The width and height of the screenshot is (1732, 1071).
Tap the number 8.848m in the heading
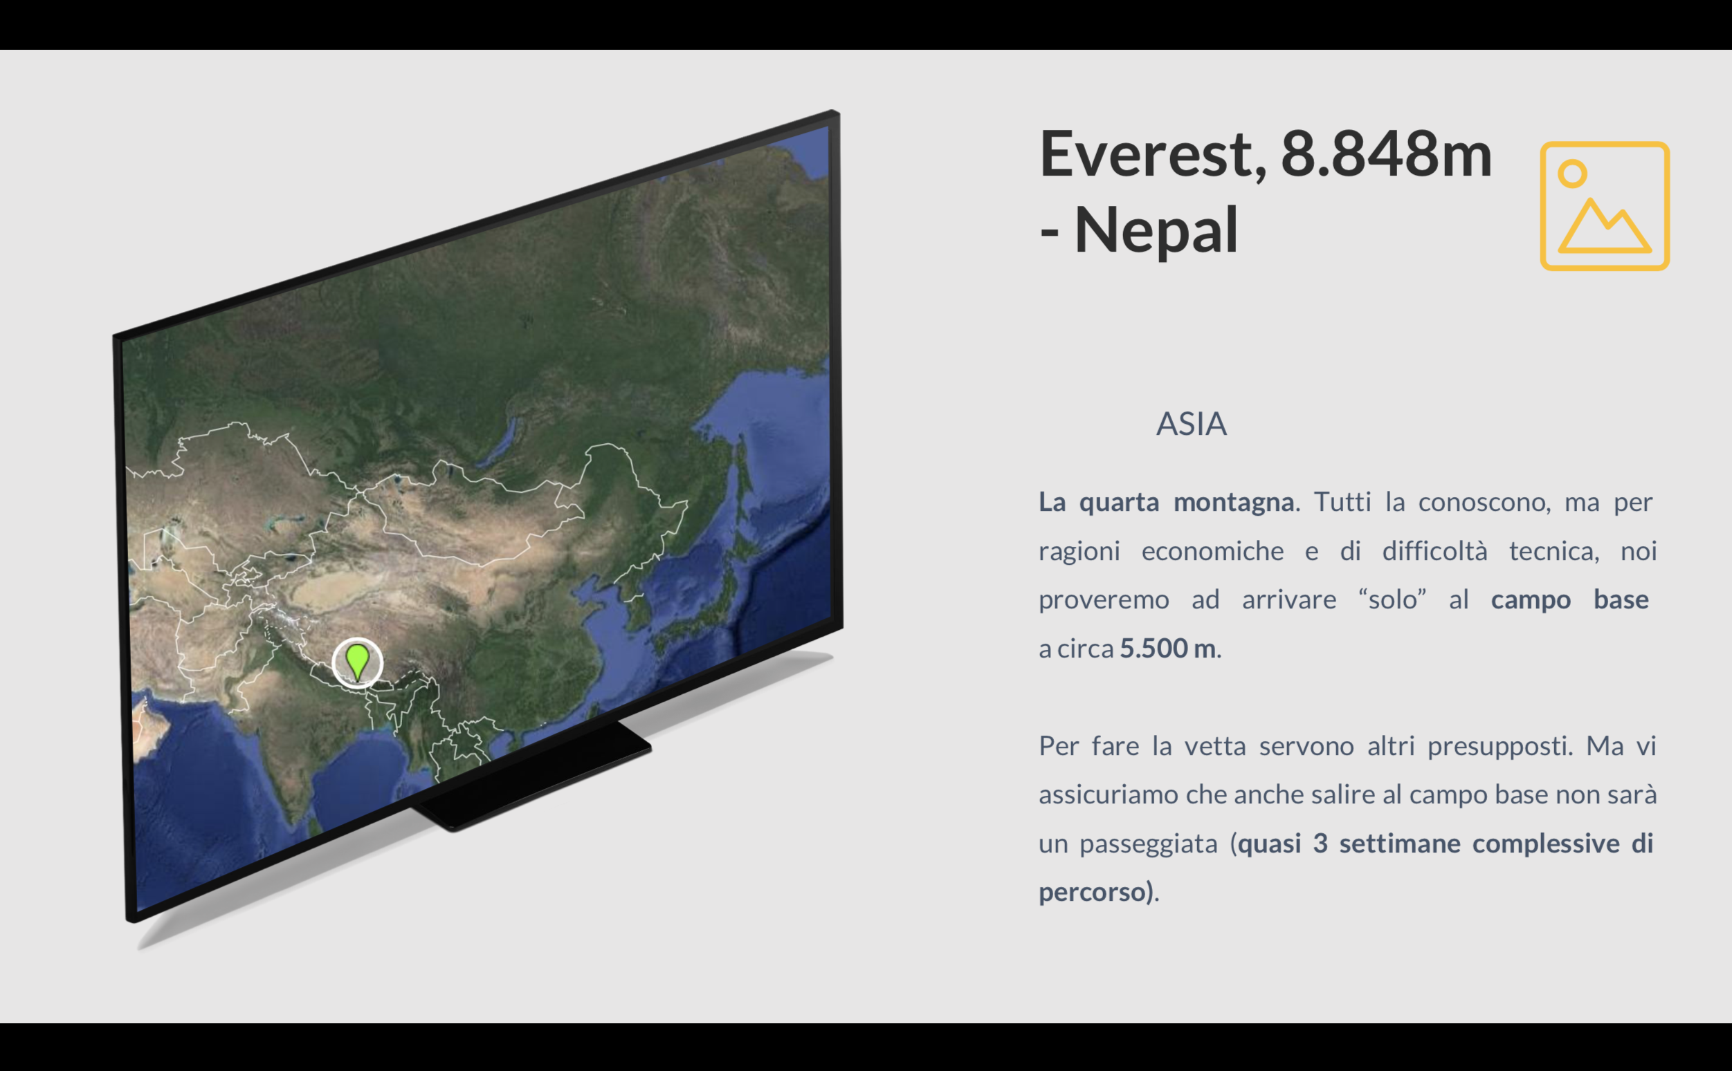click(x=1386, y=153)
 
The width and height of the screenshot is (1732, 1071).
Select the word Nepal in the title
click(x=1156, y=230)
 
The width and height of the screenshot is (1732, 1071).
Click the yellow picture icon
click(x=1605, y=206)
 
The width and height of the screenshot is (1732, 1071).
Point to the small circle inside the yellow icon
click(x=1573, y=174)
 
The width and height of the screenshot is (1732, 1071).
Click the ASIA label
click(x=1192, y=425)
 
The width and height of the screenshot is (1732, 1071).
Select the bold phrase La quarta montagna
click(x=1167, y=502)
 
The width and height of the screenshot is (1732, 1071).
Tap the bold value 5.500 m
click(x=1168, y=649)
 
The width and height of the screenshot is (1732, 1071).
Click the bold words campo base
click(x=1569, y=600)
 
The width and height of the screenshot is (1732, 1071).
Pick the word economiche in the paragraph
click(x=1212, y=551)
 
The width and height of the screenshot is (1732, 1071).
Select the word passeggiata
click(x=1148, y=844)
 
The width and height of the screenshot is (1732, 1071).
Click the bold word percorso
click(x=1092, y=893)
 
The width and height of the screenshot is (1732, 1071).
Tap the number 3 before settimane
click(x=1320, y=844)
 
